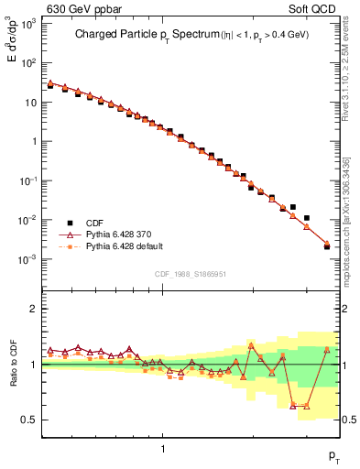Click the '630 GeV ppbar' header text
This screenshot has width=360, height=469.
pyautogui.click(x=80, y=9)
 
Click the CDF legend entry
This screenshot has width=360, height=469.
pyautogui.click(x=94, y=223)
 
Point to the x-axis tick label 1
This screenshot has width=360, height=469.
pyautogui.click(x=163, y=448)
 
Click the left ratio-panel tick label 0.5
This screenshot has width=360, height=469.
pyautogui.click(x=30, y=420)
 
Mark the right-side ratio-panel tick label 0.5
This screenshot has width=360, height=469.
pyautogui.click(x=350, y=420)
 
